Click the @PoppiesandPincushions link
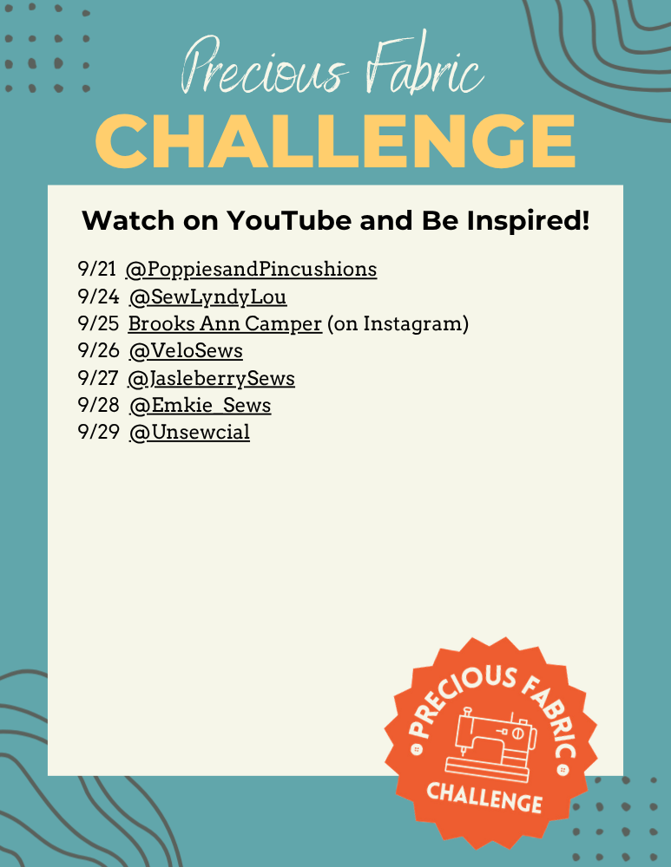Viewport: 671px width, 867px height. pyautogui.click(x=252, y=270)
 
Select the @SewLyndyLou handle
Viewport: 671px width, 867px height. pyautogui.click(x=207, y=297)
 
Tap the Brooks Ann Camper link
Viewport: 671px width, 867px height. pyautogui.click(x=225, y=324)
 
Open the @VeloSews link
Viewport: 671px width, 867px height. pyautogui.click(x=186, y=350)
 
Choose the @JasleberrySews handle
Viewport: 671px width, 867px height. pyautogui.click(x=211, y=378)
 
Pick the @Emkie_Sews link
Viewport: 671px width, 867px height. pyautogui.click(x=200, y=405)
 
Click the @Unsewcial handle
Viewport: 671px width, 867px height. pyautogui.click(x=189, y=433)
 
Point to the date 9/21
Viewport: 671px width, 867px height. pyautogui.click(x=97, y=269)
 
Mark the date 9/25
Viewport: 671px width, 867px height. pyautogui.click(x=98, y=323)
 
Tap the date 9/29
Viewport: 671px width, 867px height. pyautogui.click(x=98, y=432)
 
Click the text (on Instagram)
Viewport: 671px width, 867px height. pyautogui.click(x=398, y=324)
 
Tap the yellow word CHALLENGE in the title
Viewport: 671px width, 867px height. pyautogui.click(x=335, y=141)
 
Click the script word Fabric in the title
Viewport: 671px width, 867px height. pyautogui.click(x=424, y=64)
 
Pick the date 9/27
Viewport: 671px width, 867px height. pyautogui.click(x=97, y=378)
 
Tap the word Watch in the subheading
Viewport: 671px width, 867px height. pyautogui.click(x=128, y=220)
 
